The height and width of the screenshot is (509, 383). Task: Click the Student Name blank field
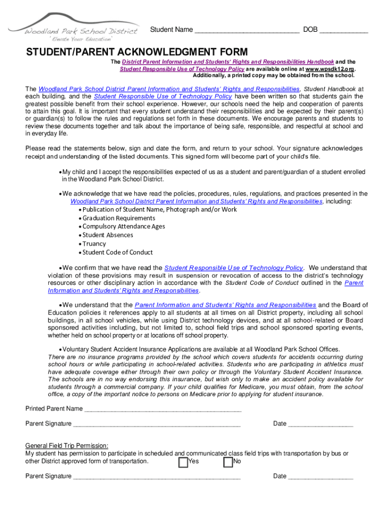point(247,31)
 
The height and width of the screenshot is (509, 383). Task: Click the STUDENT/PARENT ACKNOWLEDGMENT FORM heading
point(137,52)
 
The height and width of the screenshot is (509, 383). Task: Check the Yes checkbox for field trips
point(183,462)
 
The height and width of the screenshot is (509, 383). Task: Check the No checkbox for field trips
point(228,462)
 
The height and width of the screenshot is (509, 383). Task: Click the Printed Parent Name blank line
point(163,410)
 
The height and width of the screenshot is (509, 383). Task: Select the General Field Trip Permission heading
point(67,445)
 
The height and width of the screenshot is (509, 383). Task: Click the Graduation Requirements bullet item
point(119,218)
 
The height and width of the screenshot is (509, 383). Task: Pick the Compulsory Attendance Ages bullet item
point(124,227)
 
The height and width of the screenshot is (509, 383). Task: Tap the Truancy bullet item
point(94,244)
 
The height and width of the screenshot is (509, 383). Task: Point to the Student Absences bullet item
point(108,235)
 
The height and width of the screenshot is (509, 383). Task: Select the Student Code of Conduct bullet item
point(118,252)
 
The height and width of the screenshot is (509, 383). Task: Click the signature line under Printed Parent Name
point(157,425)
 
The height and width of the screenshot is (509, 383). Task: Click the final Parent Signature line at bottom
point(157,477)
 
